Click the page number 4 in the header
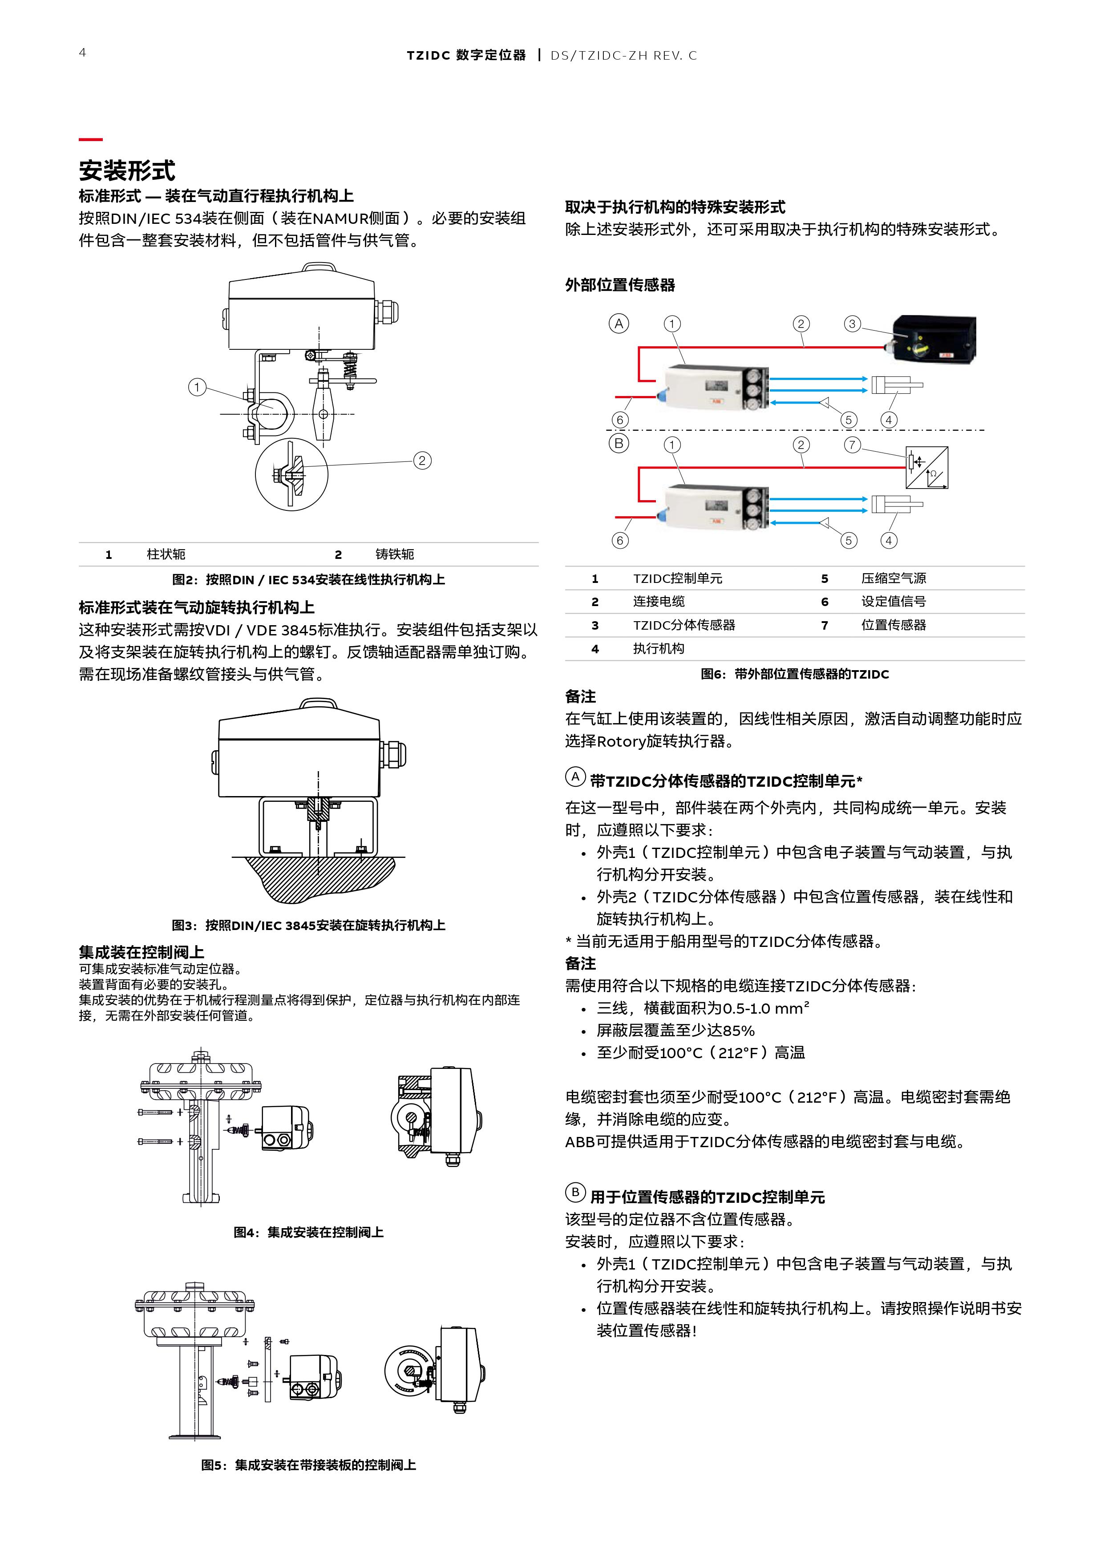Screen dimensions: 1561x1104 pos(82,53)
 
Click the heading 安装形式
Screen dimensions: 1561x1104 pos(127,170)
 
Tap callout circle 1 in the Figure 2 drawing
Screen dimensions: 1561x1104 pos(197,388)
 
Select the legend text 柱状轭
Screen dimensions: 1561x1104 pos(166,554)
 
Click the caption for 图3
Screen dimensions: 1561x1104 pos(308,925)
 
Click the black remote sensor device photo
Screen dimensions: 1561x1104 pos(935,338)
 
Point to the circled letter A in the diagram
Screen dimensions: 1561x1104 pos(619,324)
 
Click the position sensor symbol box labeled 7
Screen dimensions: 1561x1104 pos(926,468)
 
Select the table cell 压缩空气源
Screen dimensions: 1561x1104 pos(893,578)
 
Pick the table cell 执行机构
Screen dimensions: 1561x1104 pos(658,649)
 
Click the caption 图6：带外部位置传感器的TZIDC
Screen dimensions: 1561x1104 pos(795,674)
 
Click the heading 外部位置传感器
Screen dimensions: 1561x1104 pos(619,285)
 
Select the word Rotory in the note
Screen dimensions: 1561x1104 pos(621,741)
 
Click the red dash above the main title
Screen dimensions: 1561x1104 pos(90,139)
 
